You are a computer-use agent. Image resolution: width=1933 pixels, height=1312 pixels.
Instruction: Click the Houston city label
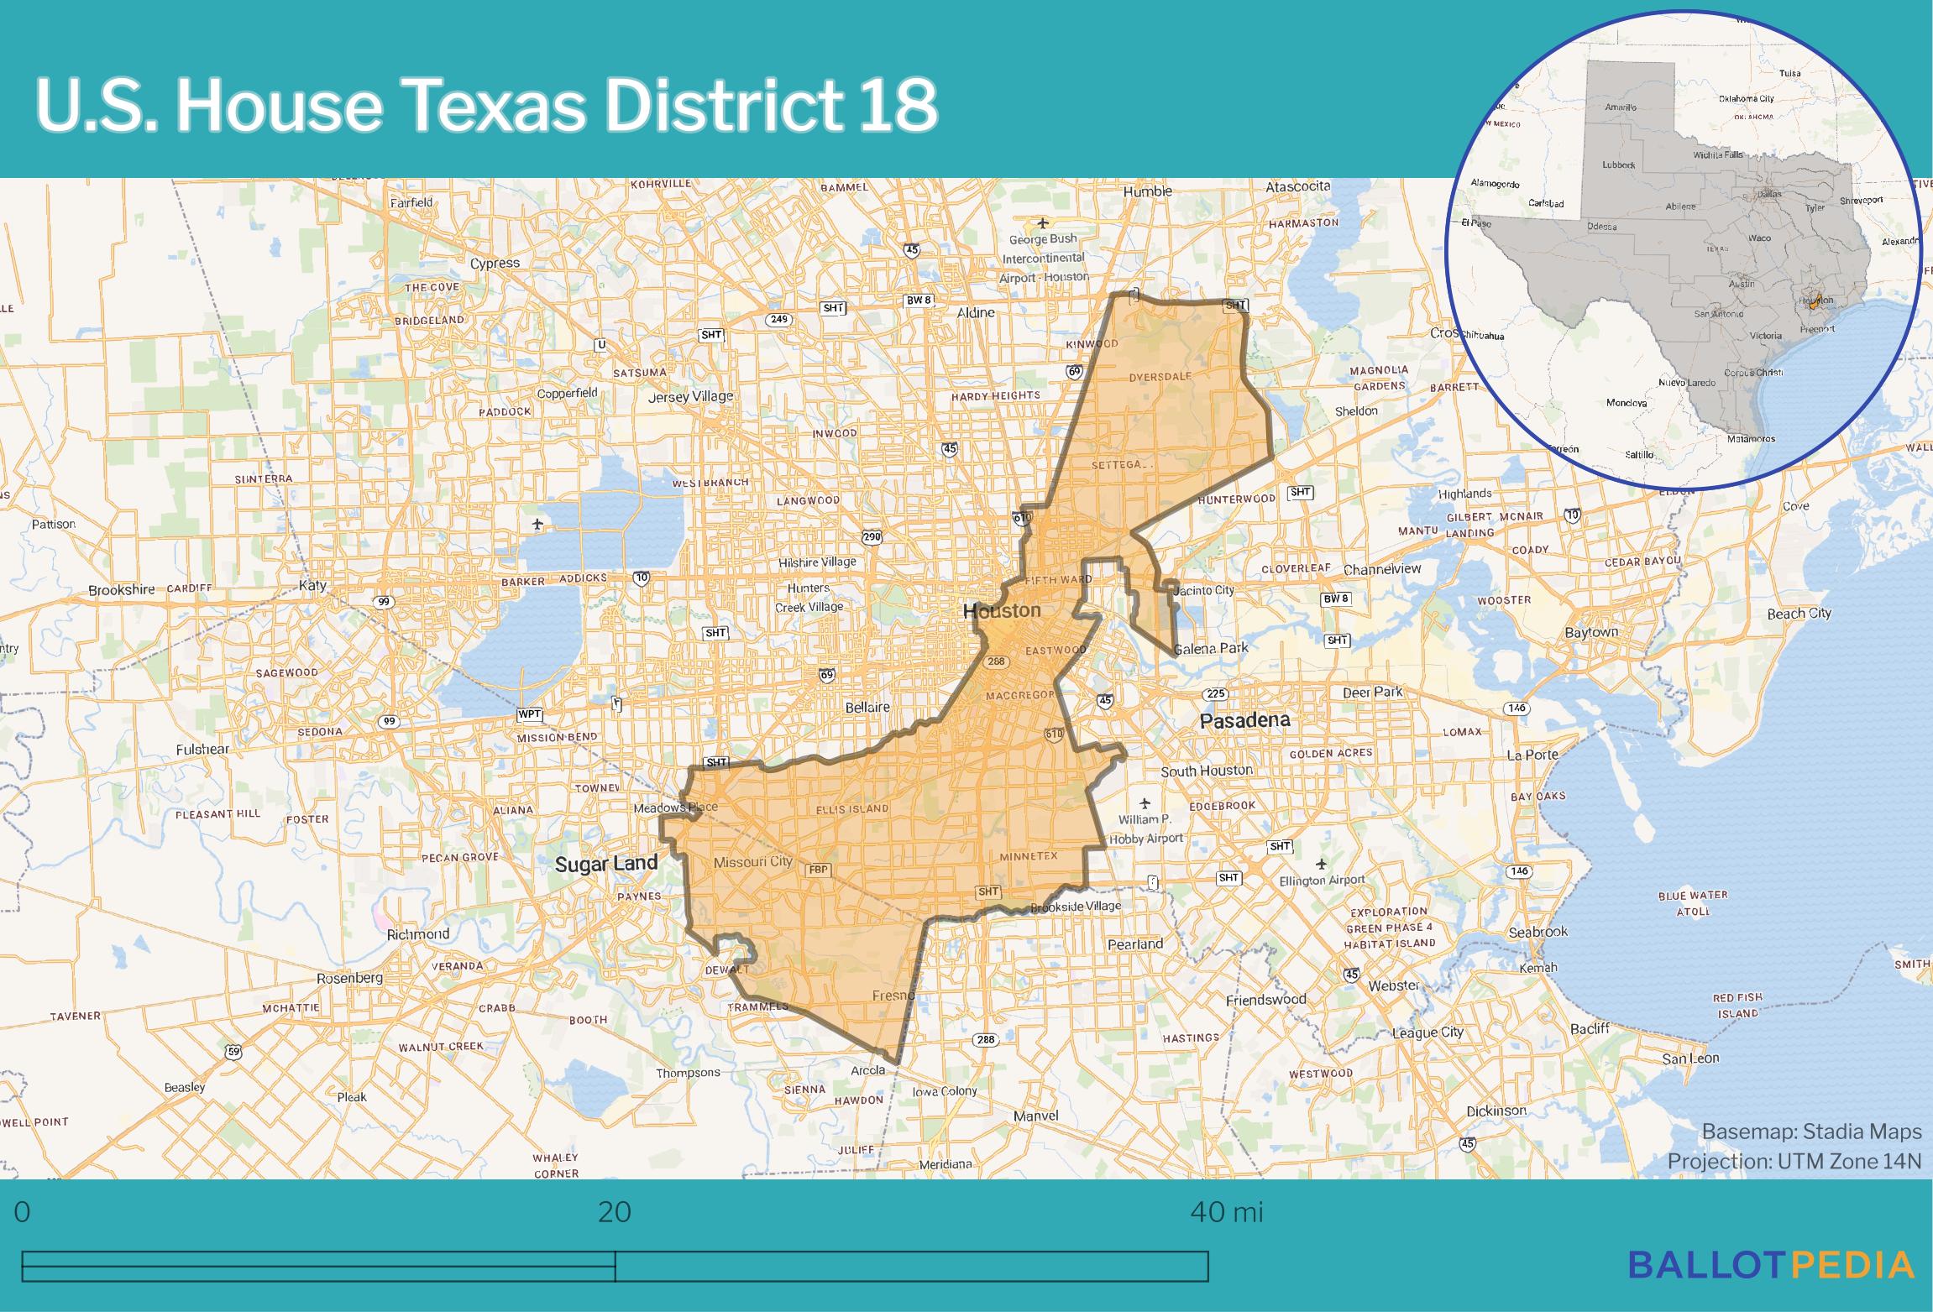coord(1001,611)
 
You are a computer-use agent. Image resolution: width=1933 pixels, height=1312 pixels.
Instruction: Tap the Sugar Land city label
coord(605,864)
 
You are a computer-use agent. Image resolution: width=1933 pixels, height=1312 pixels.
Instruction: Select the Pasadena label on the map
coord(1244,720)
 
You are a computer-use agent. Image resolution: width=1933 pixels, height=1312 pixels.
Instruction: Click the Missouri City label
coord(752,862)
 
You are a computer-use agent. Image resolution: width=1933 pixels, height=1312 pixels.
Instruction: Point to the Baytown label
coord(1590,632)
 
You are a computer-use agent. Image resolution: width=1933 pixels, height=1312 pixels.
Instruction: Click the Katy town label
coord(312,585)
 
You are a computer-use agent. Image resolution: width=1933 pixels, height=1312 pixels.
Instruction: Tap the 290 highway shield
coord(871,536)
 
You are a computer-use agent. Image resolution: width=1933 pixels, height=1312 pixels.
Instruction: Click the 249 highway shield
coord(778,319)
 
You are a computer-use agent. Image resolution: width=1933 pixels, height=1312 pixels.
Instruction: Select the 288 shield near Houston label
coord(996,661)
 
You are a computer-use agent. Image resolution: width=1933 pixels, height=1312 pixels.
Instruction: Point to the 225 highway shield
coord(1215,693)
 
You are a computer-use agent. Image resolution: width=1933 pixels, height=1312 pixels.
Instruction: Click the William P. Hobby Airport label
coord(1145,828)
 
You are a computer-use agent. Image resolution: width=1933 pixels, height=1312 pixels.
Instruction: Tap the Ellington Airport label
coord(1322,881)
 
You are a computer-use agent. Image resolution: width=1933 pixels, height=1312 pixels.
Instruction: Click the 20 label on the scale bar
coord(614,1213)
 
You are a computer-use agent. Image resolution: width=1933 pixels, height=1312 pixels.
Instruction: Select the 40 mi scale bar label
coord(1226,1213)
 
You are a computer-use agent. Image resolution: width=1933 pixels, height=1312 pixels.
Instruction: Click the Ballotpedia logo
coord(1771,1265)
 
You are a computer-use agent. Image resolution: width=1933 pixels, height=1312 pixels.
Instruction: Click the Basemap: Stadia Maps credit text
coord(1811,1132)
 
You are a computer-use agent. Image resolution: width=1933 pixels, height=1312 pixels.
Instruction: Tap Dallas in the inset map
coord(1769,194)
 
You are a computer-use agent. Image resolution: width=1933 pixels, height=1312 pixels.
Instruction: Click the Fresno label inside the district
coord(893,996)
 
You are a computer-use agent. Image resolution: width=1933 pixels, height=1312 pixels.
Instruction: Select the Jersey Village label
coord(690,396)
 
